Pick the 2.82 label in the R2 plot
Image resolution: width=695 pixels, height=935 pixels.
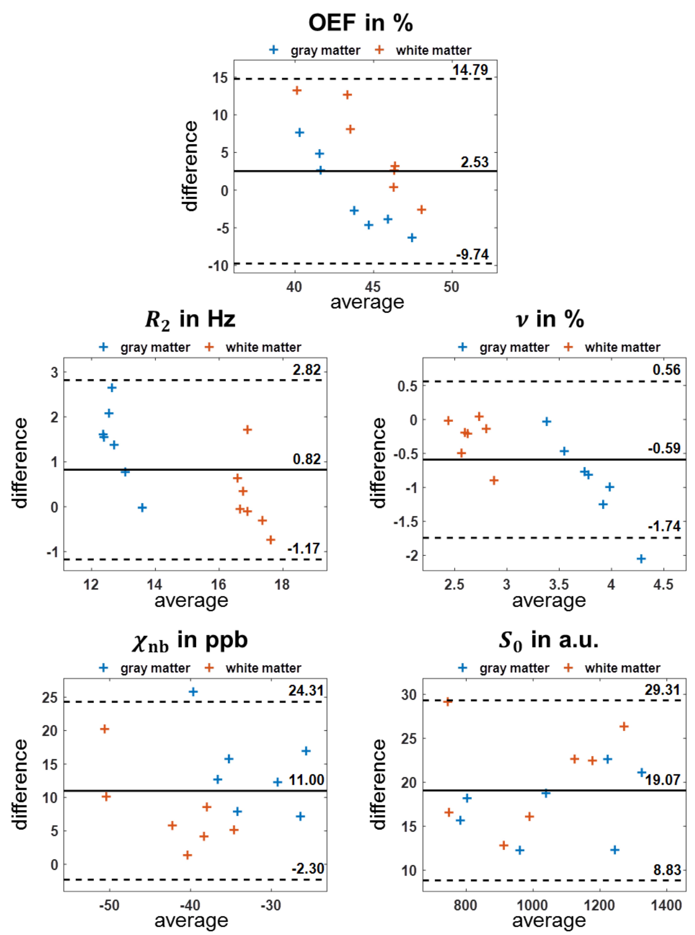point(307,370)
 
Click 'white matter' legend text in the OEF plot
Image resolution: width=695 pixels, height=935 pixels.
point(433,51)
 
